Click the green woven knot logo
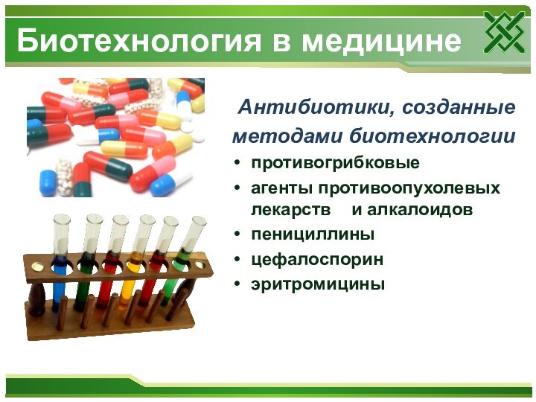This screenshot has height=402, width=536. pos(503,33)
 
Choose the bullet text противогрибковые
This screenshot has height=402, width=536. pos(335,162)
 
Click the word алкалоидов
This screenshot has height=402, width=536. pos(421,210)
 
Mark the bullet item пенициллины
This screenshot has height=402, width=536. pos(312,234)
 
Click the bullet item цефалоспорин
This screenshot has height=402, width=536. pos(317,259)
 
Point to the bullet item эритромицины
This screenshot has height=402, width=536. pos(318,284)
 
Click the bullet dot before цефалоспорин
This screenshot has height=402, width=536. pos(237,260)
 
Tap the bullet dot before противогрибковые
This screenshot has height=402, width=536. pos(237,163)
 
